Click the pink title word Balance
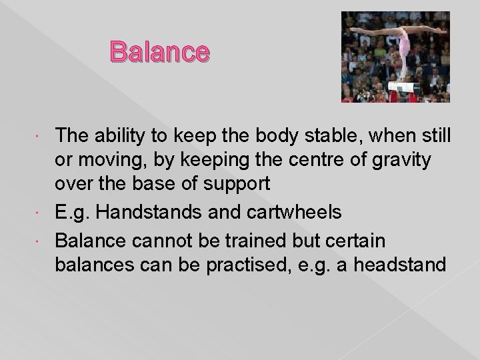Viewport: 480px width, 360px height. [160, 51]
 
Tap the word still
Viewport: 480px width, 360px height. [435, 135]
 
